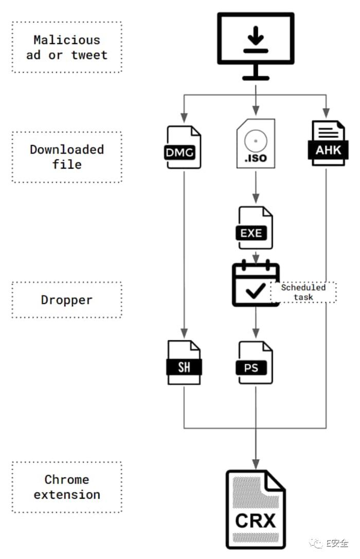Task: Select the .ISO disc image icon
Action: (256, 143)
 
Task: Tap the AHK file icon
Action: (328, 143)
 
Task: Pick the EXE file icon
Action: (255, 228)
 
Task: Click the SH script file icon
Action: (184, 362)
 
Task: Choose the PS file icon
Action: (255, 362)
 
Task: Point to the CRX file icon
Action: (256, 510)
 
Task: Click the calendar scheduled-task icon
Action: (255, 284)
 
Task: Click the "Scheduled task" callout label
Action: (303, 292)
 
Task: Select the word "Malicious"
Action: (67, 40)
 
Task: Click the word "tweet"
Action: (89, 55)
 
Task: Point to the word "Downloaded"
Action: (67, 149)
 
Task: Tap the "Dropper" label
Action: (67, 300)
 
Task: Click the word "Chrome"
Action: (67, 480)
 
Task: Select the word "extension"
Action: (67, 495)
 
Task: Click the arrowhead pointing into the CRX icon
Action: (256, 464)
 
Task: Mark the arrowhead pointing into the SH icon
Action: (184, 333)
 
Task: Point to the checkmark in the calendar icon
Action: (256, 291)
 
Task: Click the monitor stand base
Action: (256, 77)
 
